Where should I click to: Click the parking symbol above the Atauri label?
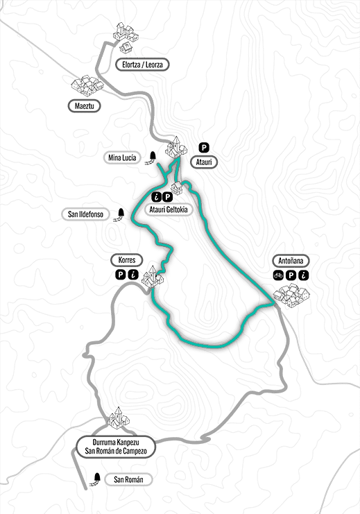click(204, 147)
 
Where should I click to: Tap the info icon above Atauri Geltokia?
click(157, 197)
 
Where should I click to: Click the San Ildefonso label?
click(86, 214)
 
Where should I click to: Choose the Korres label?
click(126, 261)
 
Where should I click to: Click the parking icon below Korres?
click(120, 275)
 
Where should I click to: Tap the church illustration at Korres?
click(152, 276)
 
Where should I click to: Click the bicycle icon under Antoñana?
click(278, 275)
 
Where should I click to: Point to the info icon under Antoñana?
click(304, 275)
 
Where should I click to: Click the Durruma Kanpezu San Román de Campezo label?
click(114, 446)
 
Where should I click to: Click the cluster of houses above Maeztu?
click(87, 85)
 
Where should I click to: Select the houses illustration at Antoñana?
click(293, 296)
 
